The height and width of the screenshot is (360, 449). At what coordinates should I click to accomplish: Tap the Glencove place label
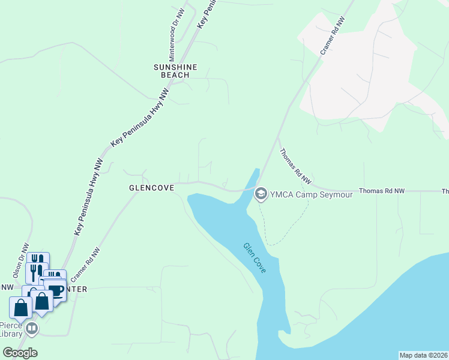tap(151, 188)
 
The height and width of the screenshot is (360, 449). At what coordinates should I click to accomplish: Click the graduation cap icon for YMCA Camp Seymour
tap(261, 193)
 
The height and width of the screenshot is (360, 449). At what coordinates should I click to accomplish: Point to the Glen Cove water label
tap(255, 259)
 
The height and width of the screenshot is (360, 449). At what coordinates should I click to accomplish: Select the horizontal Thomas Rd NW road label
tap(382, 191)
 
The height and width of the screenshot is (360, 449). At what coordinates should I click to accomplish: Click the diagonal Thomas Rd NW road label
tap(296, 166)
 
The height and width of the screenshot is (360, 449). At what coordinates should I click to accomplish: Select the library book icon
tap(32, 329)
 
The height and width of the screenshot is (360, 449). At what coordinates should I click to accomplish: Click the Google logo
tap(20, 353)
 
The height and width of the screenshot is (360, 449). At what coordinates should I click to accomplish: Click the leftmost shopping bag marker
tap(20, 307)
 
